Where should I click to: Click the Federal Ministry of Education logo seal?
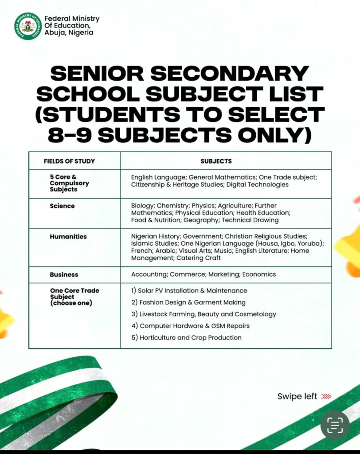tap(28, 26)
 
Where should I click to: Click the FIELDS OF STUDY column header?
tap(69, 161)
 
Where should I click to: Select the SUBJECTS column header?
tap(216, 161)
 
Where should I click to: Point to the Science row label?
tap(62, 206)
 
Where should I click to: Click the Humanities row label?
tap(68, 236)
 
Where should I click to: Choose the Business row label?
tap(64, 274)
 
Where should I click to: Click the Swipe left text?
tap(297, 396)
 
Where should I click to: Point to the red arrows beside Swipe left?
tap(326, 396)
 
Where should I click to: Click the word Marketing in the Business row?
tap(224, 274)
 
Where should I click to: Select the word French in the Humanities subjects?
tap(141, 250)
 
